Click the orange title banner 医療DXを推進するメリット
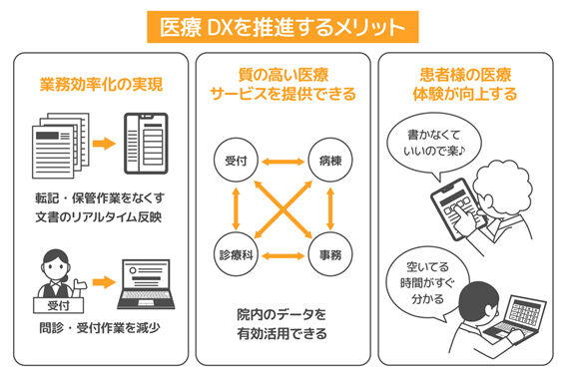283,27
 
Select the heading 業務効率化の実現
101,85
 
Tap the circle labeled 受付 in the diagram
236,161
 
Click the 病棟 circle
330,161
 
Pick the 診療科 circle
236,255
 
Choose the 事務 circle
330,255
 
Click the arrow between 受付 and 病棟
283,162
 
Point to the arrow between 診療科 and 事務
283,256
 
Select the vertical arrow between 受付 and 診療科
236,208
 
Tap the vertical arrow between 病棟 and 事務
330,208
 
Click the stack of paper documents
61,146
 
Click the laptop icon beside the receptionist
146,284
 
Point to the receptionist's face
55,268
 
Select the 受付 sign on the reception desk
59,306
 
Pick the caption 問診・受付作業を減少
100,328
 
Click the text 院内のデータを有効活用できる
282,324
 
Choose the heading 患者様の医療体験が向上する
465,85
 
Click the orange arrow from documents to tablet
104,144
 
